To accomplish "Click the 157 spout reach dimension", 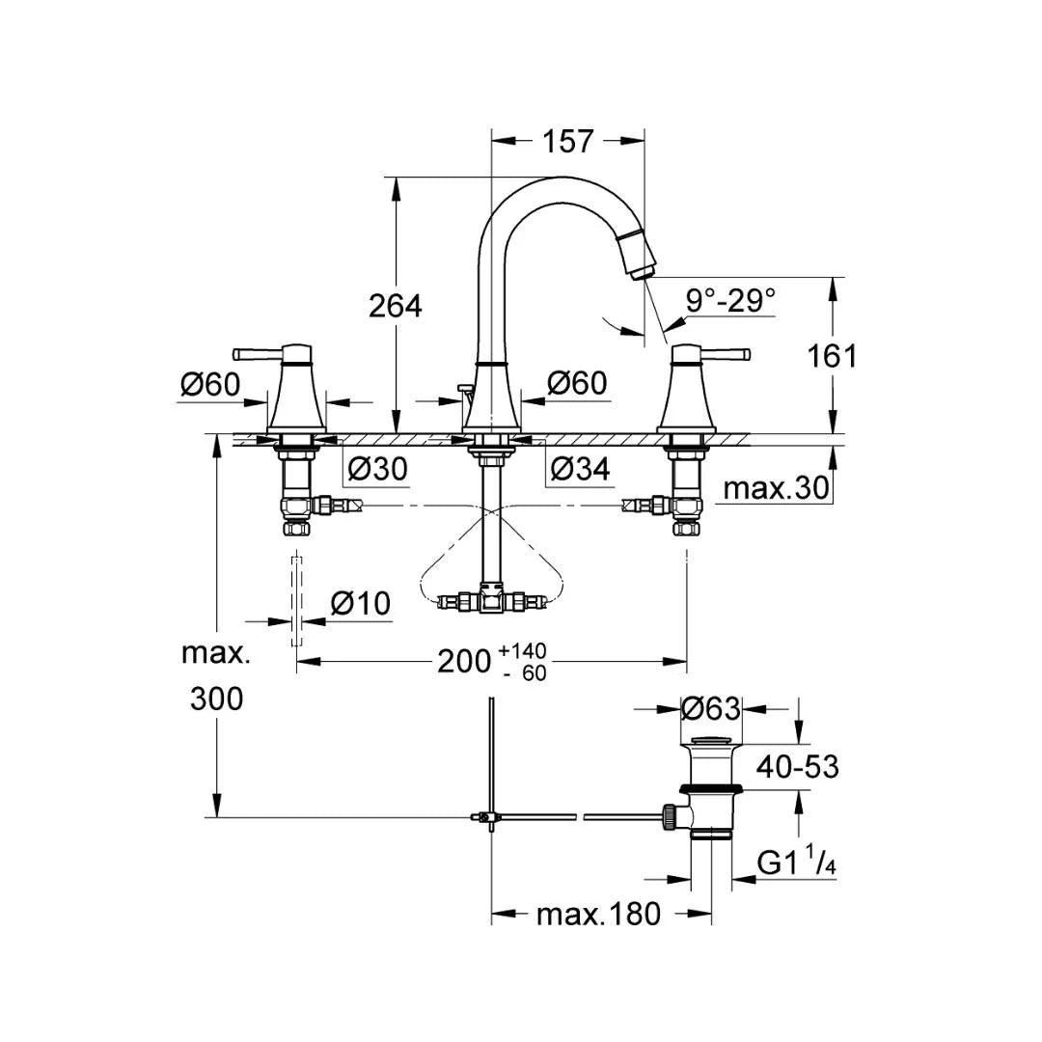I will click(x=567, y=141).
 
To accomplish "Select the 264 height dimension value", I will click(x=396, y=306).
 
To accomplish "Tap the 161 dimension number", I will click(x=832, y=355).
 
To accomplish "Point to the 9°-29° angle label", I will click(x=730, y=300).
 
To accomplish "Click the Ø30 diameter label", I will click(x=377, y=470).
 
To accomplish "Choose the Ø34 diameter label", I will click(x=580, y=470).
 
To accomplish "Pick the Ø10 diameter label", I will click(x=360, y=604).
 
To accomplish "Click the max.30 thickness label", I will click(x=776, y=488).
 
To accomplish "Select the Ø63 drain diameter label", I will click(x=710, y=709).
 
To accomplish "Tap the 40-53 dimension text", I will click(x=797, y=767).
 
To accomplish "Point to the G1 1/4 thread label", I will click(x=796, y=863).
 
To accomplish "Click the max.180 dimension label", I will click(x=598, y=913).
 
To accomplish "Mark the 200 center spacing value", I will click(x=464, y=661).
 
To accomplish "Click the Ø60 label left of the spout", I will click(x=577, y=383).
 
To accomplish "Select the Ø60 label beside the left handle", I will click(x=209, y=384).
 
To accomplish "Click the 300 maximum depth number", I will click(x=216, y=699).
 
